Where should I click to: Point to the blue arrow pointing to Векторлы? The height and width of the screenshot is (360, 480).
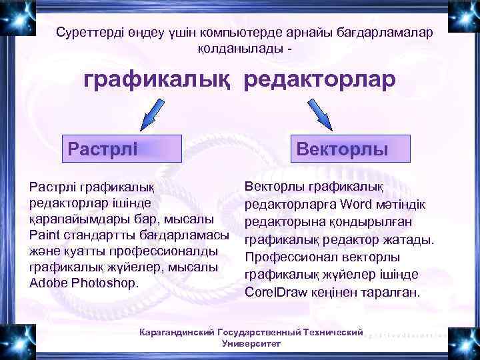click(x=319, y=111)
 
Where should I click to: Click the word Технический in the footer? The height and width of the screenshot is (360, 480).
click(x=333, y=332)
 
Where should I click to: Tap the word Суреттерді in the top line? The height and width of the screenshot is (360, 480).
click(x=87, y=33)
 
